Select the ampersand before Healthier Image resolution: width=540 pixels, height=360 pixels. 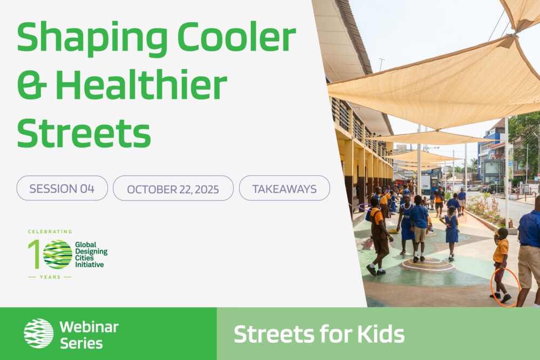32,85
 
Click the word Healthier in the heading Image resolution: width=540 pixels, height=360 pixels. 141,84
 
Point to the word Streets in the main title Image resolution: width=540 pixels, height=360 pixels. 84,133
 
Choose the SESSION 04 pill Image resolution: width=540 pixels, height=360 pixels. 62,188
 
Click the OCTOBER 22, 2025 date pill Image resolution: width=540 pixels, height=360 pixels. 173,188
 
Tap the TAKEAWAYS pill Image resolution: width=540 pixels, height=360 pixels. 285,188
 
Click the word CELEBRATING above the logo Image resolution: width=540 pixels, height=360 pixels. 50,232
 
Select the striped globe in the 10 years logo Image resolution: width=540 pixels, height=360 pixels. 58,254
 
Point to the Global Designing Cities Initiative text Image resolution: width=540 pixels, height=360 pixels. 91,255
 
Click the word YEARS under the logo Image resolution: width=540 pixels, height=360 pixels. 50,277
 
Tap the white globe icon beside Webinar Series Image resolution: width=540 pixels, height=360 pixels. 38,333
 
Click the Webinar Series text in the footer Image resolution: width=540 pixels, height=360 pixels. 89,335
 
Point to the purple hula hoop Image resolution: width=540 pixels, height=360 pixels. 364,207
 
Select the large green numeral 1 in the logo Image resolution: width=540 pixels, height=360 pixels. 35,254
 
